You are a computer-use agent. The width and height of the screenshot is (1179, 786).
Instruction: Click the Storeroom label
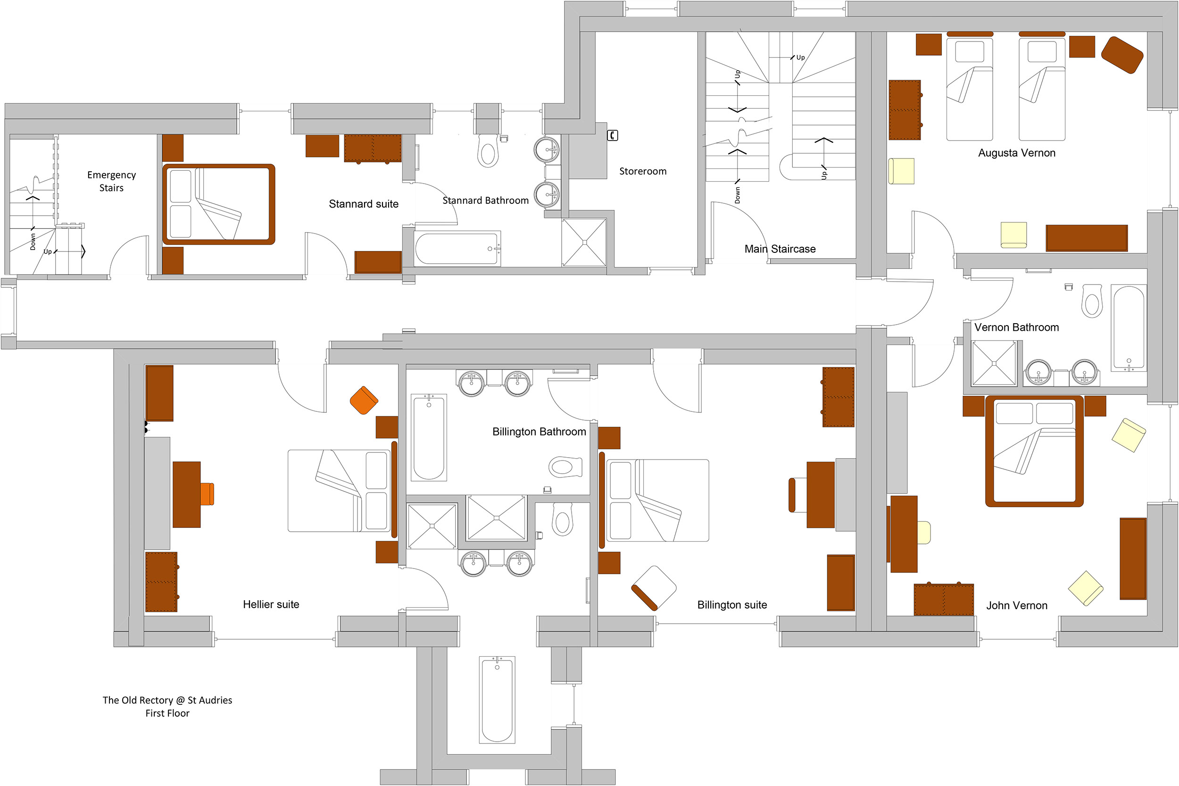(643, 171)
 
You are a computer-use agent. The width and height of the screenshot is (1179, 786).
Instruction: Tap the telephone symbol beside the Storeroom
(612, 135)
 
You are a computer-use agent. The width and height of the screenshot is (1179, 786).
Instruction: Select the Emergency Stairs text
(111, 182)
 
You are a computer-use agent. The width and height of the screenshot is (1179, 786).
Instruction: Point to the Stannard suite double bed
(218, 204)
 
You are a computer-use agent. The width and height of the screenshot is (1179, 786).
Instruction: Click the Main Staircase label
(780, 249)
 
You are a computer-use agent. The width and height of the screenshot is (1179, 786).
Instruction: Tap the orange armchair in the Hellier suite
(364, 400)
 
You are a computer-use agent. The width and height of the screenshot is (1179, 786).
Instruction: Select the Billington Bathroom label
(539, 432)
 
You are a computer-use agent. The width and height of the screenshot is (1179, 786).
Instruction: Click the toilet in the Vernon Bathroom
(1092, 301)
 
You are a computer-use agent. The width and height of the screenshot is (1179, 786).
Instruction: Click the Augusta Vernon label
(1017, 153)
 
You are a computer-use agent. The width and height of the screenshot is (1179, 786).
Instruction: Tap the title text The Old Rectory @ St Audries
(167, 700)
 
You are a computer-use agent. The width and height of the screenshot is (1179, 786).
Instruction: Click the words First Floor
(167, 713)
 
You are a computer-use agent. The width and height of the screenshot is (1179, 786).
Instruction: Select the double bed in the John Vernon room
(1034, 451)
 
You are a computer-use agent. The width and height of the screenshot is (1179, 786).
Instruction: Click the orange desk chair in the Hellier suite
(207, 494)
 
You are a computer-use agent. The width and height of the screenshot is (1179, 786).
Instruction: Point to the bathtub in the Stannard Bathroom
(457, 248)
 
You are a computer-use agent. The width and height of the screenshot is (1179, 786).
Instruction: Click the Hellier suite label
(271, 604)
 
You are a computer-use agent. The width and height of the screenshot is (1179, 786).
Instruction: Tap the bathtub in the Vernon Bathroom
(1129, 328)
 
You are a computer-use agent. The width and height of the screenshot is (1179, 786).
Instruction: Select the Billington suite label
(732, 605)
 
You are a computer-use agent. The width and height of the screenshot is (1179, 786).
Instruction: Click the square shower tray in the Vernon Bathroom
(994, 363)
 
